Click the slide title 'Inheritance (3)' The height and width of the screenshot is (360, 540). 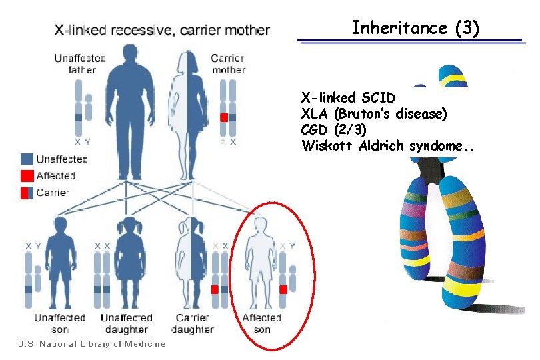[415, 28]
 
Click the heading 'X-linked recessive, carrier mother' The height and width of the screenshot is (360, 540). [162, 30]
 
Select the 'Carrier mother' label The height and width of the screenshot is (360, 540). [228, 64]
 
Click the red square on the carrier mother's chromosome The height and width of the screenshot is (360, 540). [225, 117]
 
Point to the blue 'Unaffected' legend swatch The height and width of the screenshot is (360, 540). [27, 159]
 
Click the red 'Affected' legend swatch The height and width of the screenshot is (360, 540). [27, 176]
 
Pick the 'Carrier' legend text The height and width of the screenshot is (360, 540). [53, 193]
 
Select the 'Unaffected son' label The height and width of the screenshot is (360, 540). [60, 323]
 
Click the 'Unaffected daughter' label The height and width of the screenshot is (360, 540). [127, 323]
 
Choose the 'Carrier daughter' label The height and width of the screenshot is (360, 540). [193, 323]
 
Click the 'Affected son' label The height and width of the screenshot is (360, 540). [262, 323]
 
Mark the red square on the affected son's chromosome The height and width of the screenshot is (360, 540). [283, 289]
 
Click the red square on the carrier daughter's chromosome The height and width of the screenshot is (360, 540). [215, 289]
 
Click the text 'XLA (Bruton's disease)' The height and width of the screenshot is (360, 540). [374, 113]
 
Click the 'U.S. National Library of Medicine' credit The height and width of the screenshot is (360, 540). [91, 344]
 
